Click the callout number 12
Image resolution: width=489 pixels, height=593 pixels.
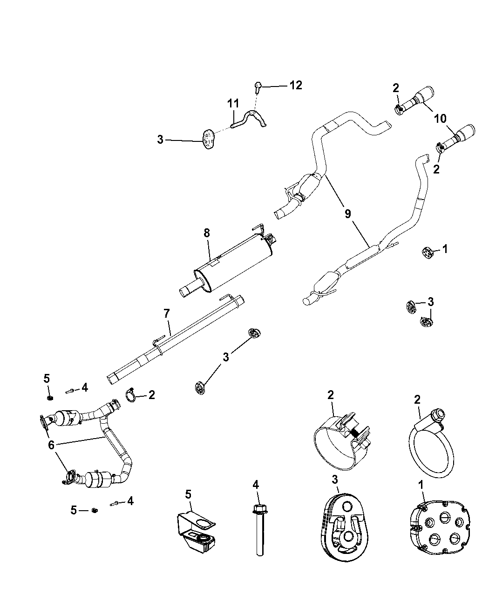tap(295, 85)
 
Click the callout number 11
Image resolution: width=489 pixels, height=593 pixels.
tap(233, 103)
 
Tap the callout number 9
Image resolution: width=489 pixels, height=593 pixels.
tap(347, 213)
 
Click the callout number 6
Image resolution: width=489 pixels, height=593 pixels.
tap(51, 445)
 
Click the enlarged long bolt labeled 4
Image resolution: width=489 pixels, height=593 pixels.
tap(257, 530)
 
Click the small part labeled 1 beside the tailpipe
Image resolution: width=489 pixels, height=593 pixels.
tap(427, 253)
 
